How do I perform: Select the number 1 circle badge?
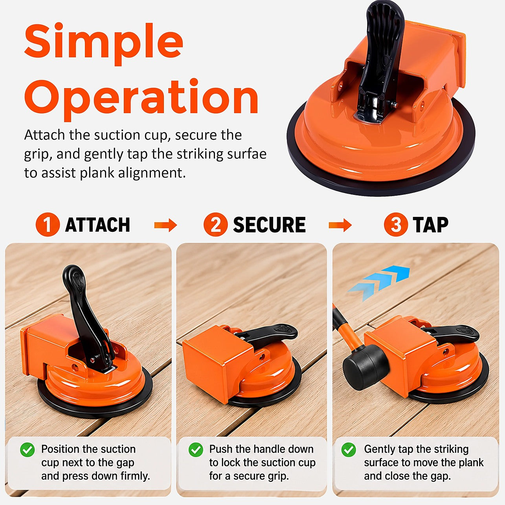pos(48,224)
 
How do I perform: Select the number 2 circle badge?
pos(215,224)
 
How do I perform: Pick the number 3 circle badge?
pos(396,224)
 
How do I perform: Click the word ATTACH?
pos(97,225)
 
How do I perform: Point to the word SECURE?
pos(270,225)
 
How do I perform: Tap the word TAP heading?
pos(430,225)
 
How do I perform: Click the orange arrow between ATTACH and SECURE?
pos(165,225)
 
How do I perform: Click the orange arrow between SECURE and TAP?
pos(340,225)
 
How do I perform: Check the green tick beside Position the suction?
pos(27,450)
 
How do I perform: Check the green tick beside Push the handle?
pos(196,450)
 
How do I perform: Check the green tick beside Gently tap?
pos(349,450)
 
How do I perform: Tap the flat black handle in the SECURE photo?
pos(270,334)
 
